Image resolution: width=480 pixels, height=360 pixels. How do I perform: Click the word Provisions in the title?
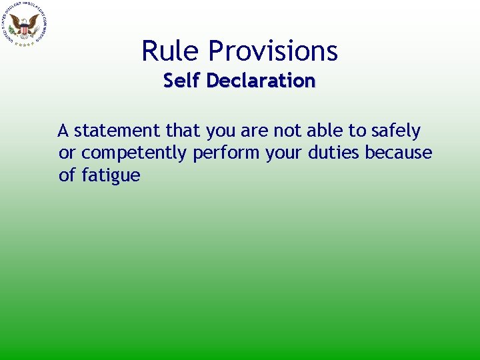[x=273, y=51]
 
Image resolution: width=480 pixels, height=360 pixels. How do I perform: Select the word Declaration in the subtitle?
[x=261, y=81]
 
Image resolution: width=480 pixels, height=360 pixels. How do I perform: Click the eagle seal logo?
[x=25, y=25]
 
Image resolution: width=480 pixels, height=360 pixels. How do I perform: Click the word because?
[x=399, y=153]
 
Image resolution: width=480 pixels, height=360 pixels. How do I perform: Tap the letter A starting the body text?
[x=63, y=131]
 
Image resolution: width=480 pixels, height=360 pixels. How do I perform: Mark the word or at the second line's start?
[x=67, y=153]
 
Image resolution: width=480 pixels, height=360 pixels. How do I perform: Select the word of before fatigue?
[x=67, y=176]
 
